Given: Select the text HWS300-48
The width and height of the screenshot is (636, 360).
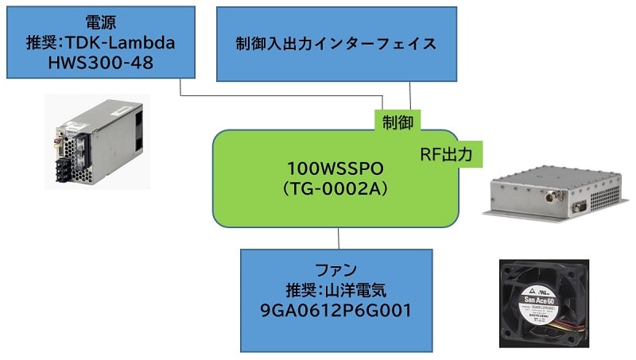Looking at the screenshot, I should pyautogui.click(x=99, y=61).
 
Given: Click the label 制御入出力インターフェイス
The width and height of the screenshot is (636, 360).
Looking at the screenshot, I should pyautogui.click(x=336, y=43).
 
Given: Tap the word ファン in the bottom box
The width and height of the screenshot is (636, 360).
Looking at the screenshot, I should pyautogui.click(x=337, y=268).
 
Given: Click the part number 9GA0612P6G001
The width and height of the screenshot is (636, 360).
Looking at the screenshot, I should pyautogui.click(x=337, y=309).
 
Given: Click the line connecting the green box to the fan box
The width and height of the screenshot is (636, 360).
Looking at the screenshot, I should pyautogui.click(x=339, y=238).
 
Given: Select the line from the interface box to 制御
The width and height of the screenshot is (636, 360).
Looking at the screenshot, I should pyautogui.click(x=410, y=95).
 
